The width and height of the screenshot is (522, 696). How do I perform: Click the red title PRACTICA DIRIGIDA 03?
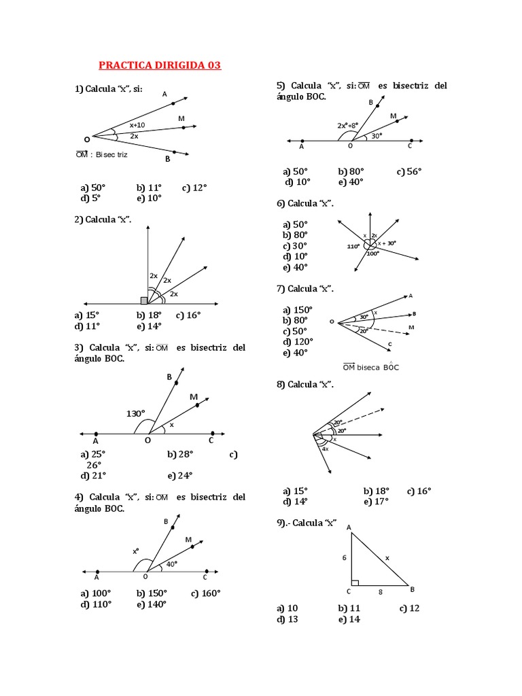point(160,66)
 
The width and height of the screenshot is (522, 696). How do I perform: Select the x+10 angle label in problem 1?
point(137,125)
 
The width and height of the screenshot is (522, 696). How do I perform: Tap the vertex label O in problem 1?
point(86,139)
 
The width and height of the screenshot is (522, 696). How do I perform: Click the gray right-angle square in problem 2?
point(144,300)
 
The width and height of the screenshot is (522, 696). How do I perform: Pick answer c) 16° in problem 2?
point(188,315)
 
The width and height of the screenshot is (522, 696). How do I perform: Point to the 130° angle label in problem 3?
point(135,413)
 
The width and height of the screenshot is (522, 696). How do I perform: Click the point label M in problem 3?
point(194,397)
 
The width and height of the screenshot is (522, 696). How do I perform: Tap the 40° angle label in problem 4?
point(171,563)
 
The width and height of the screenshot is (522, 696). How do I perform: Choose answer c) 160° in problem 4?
point(206,593)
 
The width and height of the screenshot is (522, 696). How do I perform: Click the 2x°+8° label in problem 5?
point(347,126)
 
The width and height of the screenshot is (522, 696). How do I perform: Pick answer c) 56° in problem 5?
point(409,171)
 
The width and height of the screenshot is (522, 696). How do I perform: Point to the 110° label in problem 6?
point(353,246)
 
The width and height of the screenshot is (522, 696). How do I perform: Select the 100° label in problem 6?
point(372,254)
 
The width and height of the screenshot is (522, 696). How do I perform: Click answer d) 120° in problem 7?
point(296,342)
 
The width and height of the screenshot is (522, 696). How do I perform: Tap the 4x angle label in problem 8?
point(326,449)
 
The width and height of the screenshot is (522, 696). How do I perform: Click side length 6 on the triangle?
point(344,557)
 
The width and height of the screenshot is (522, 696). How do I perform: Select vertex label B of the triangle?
point(412,589)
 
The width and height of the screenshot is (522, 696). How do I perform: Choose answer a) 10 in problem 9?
point(288,608)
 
